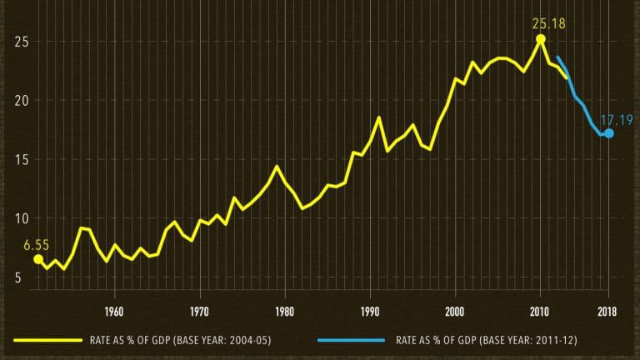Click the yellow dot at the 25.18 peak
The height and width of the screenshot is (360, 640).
(541, 39)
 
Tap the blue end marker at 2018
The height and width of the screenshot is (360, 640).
(609, 133)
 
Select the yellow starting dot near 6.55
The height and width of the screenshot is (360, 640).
(38, 259)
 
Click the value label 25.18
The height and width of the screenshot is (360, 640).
(548, 24)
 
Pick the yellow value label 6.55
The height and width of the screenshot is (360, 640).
(37, 245)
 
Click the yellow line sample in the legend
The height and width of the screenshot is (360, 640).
(47, 340)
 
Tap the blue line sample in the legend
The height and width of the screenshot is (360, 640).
(351, 340)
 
